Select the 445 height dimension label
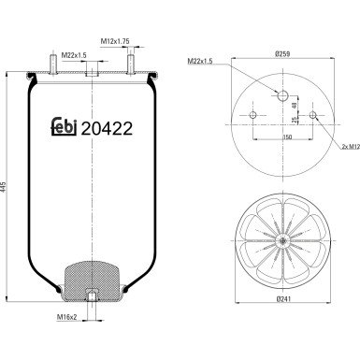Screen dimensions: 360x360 (x=8, y=184)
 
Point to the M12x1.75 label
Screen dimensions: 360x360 (x=115, y=42)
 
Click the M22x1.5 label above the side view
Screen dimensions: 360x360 (x=75, y=55)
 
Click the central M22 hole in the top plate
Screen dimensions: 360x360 (x=283, y=94)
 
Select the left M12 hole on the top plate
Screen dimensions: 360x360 (x=252, y=117)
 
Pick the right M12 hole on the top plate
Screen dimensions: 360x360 (x=314, y=117)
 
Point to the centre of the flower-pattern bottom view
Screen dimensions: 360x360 (x=283, y=241)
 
